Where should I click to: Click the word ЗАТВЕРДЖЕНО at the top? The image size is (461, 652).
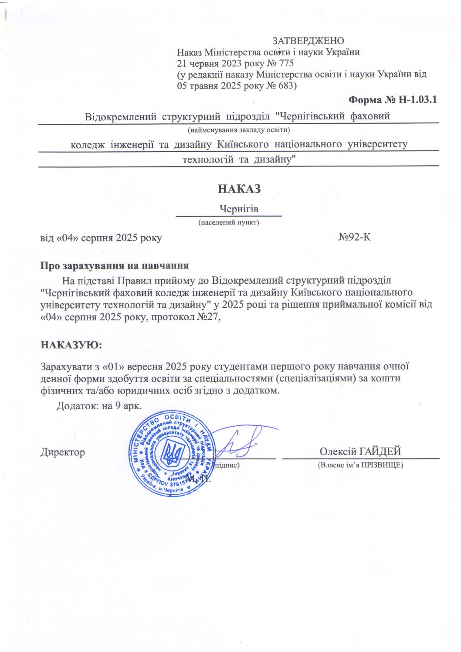point(308,41)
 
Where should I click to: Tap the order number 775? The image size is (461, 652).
point(286,63)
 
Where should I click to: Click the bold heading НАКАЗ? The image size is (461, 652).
point(239,189)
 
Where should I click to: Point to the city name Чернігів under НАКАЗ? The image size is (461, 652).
point(239,209)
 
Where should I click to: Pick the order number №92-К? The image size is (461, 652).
point(354,238)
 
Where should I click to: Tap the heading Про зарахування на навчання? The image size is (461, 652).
point(114,265)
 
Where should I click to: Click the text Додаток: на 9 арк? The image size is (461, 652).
point(99,406)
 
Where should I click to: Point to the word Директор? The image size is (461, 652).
point(63,452)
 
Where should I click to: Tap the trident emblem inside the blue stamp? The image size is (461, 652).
point(172,453)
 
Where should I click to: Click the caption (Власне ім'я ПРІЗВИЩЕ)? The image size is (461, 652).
point(360,465)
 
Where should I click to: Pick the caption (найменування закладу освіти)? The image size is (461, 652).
point(239,130)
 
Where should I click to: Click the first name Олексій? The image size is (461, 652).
point(338,452)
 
